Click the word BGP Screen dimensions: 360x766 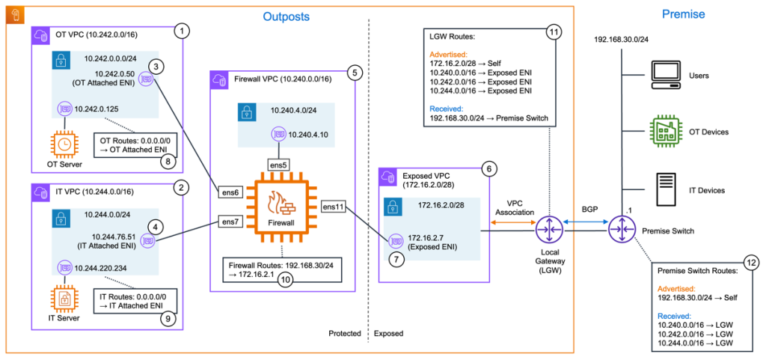tap(585, 212)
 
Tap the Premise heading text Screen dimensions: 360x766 tap(684, 13)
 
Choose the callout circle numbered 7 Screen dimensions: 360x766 tap(397, 261)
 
